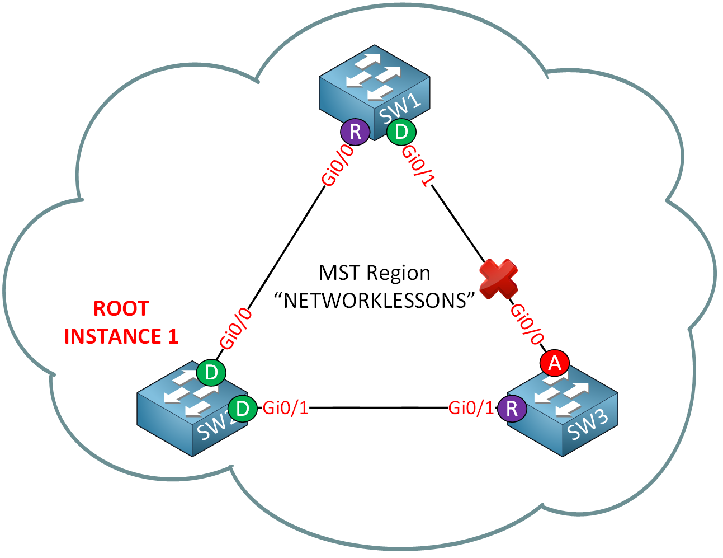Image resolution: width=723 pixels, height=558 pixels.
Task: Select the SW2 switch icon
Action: (x=187, y=411)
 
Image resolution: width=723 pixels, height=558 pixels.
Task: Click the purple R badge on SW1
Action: (x=355, y=132)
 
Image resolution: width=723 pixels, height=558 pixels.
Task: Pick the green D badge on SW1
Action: (x=401, y=132)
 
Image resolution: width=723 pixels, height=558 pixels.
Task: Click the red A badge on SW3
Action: (x=555, y=363)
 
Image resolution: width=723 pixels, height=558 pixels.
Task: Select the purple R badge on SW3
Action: (x=512, y=409)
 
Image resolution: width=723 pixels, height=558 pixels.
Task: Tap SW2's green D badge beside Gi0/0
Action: (x=211, y=373)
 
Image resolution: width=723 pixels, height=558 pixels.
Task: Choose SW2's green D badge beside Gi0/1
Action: (x=243, y=409)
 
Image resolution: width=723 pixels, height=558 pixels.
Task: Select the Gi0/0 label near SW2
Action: (x=235, y=330)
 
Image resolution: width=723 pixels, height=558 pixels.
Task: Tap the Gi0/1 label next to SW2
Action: (x=286, y=409)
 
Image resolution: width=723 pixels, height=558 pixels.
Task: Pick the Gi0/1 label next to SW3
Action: (x=471, y=409)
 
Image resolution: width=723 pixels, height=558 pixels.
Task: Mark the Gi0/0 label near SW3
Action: (x=527, y=324)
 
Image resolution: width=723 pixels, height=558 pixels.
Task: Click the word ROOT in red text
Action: (x=121, y=308)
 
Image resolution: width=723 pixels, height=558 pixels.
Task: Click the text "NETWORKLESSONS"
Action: (x=374, y=301)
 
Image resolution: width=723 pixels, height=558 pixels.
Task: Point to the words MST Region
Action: (x=374, y=273)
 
